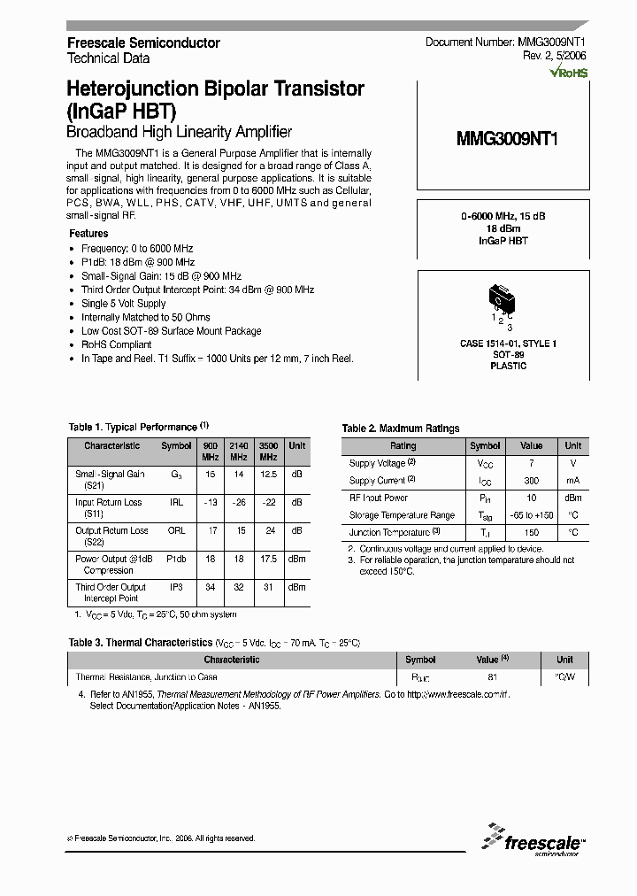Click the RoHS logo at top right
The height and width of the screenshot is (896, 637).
point(568,73)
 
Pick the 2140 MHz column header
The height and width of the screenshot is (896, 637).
point(239,451)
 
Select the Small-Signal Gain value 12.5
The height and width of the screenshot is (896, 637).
point(269,475)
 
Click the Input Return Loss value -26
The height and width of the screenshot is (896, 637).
point(239,502)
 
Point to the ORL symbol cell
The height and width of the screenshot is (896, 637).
point(176,530)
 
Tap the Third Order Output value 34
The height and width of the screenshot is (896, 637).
point(210,586)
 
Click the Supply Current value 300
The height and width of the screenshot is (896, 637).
point(531,480)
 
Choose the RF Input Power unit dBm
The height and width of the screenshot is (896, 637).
point(572,498)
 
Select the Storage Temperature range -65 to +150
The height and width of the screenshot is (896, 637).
point(531,515)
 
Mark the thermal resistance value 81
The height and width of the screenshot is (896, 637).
point(492,677)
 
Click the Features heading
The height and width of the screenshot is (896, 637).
point(88,234)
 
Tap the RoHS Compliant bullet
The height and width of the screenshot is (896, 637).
point(116,344)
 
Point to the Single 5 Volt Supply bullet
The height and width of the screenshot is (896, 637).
point(123,304)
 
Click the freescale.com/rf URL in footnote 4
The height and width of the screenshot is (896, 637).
point(458,696)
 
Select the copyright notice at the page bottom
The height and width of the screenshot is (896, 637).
point(161,838)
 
